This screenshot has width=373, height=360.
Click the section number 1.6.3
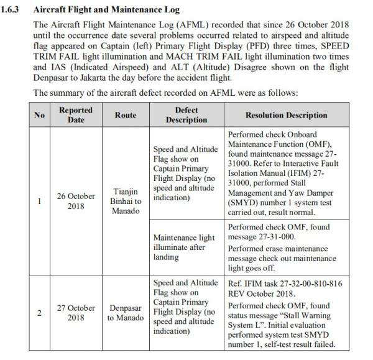click(16, 10)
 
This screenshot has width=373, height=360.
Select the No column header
click(39, 115)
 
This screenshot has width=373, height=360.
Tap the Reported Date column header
click(76, 115)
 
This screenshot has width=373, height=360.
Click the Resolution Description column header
click(286, 115)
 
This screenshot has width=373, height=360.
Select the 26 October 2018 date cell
click(76, 201)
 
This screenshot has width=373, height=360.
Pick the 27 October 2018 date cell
click(76, 313)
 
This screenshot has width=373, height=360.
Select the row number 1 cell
click(39, 201)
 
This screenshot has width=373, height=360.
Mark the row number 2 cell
click(39, 313)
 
